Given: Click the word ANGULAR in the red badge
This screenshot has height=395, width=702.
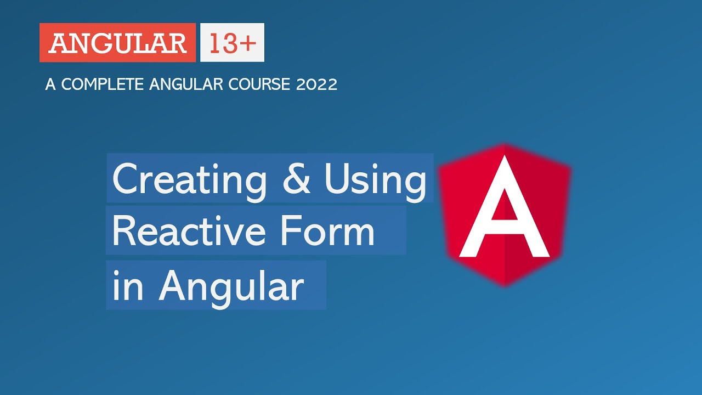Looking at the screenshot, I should coord(117,43).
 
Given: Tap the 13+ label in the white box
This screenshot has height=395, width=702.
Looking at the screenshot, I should coord(232,43).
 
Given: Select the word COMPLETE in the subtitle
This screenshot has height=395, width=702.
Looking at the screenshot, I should coord(101,84).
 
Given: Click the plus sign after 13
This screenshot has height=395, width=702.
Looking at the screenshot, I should coord(248,43).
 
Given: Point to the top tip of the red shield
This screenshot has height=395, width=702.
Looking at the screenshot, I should coord(505,145).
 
